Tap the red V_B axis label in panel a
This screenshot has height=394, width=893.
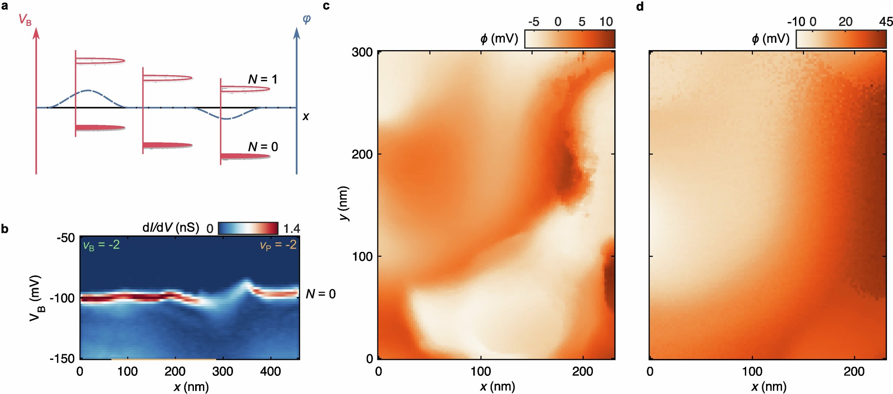pyautogui.click(x=25, y=20)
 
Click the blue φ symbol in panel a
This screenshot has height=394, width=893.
pyautogui.click(x=307, y=19)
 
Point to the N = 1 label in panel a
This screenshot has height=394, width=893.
pyautogui.click(x=263, y=79)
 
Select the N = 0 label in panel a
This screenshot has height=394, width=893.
pyautogui.click(x=263, y=147)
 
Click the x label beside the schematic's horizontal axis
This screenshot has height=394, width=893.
pyautogui.click(x=306, y=117)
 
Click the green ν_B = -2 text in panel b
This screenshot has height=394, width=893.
pyautogui.click(x=101, y=245)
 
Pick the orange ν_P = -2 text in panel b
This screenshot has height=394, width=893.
pyautogui.click(x=278, y=245)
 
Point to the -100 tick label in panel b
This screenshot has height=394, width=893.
pyautogui.click(x=62, y=299)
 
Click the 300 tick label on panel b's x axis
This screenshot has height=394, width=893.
pyautogui.click(x=223, y=372)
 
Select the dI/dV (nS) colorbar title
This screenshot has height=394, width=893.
pyautogui.click(x=171, y=228)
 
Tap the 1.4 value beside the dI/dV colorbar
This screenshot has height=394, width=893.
pyautogui.click(x=291, y=229)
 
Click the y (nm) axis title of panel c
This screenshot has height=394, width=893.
pyautogui.click(x=344, y=203)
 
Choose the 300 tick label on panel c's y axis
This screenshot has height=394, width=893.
pyautogui.click(x=362, y=52)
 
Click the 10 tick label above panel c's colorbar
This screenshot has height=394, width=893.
pyautogui.click(x=606, y=22)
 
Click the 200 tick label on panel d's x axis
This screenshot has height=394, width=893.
pyautogui.click(x=854, y=372)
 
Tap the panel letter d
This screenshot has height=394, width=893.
pyautogui.click(x=640, y=6)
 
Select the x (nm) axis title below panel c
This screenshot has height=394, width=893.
pyautogui.click(x=497, y=386)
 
